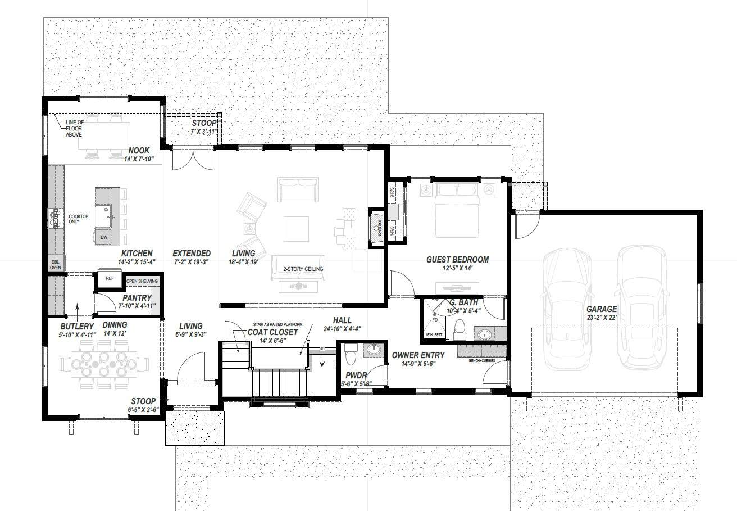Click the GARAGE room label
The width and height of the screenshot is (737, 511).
[x=602, y=309]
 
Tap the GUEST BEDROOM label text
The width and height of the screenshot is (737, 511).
[x=457, y=260]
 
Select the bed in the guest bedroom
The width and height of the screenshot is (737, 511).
[x=457, y=211]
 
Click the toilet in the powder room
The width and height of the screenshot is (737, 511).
[x=351, y=355]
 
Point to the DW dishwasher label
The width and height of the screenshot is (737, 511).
[x=104, y=238]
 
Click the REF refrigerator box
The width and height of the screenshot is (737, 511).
[x=110, y=278]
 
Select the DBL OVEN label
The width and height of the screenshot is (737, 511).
[x=56, y=265]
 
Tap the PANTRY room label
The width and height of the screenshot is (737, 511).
[x=137, y=297]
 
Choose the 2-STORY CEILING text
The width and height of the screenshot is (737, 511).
[x=303, y=269]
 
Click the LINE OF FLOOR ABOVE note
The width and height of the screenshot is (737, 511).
[x=74, y=128]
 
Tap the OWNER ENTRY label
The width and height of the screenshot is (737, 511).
[x=418, y=355]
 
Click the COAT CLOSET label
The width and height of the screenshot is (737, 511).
[x=273, y=332]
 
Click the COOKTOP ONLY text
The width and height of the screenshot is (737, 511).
[x=78, y=219]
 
